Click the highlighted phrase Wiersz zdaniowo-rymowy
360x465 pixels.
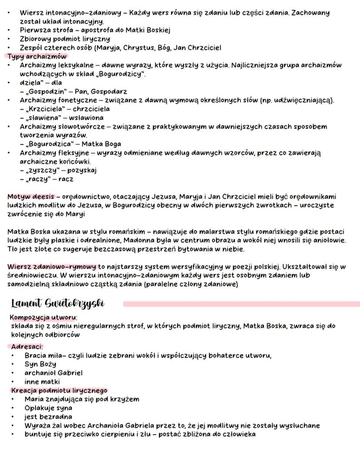[x=52, y=267]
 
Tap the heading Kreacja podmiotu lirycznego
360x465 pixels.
[x=59, y=390]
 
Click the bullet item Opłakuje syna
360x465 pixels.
[x=48, y=408]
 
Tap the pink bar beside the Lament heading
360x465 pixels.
[x=241, y=304]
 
